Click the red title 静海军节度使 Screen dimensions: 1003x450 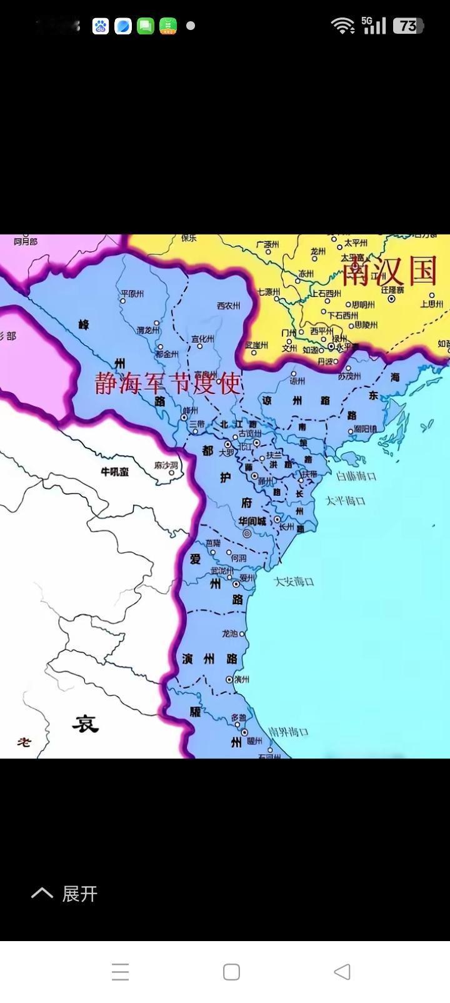(167, 383)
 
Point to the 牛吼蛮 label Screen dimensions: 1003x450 (115, 471)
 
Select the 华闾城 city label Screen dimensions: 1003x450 (252, 521)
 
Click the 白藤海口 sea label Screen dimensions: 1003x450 (356, 476)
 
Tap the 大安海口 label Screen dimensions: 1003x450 (294, 582)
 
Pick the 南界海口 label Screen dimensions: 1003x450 (288, 732)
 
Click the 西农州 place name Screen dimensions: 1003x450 (229, 306)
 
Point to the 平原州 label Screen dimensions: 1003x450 (132, 293)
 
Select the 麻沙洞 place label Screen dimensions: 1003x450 (166, 466)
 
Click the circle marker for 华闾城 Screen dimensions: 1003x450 (247, 533)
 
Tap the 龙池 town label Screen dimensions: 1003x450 (229, 633)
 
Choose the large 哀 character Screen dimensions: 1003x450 (85, 724)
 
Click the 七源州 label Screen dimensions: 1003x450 (268, 292)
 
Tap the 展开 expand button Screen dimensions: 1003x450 (65, 894)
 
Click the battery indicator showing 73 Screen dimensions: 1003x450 (408, 26)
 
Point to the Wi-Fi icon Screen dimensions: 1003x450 (342, 26)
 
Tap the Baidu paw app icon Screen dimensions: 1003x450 (101, 26)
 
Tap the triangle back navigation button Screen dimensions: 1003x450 (342, 971)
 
